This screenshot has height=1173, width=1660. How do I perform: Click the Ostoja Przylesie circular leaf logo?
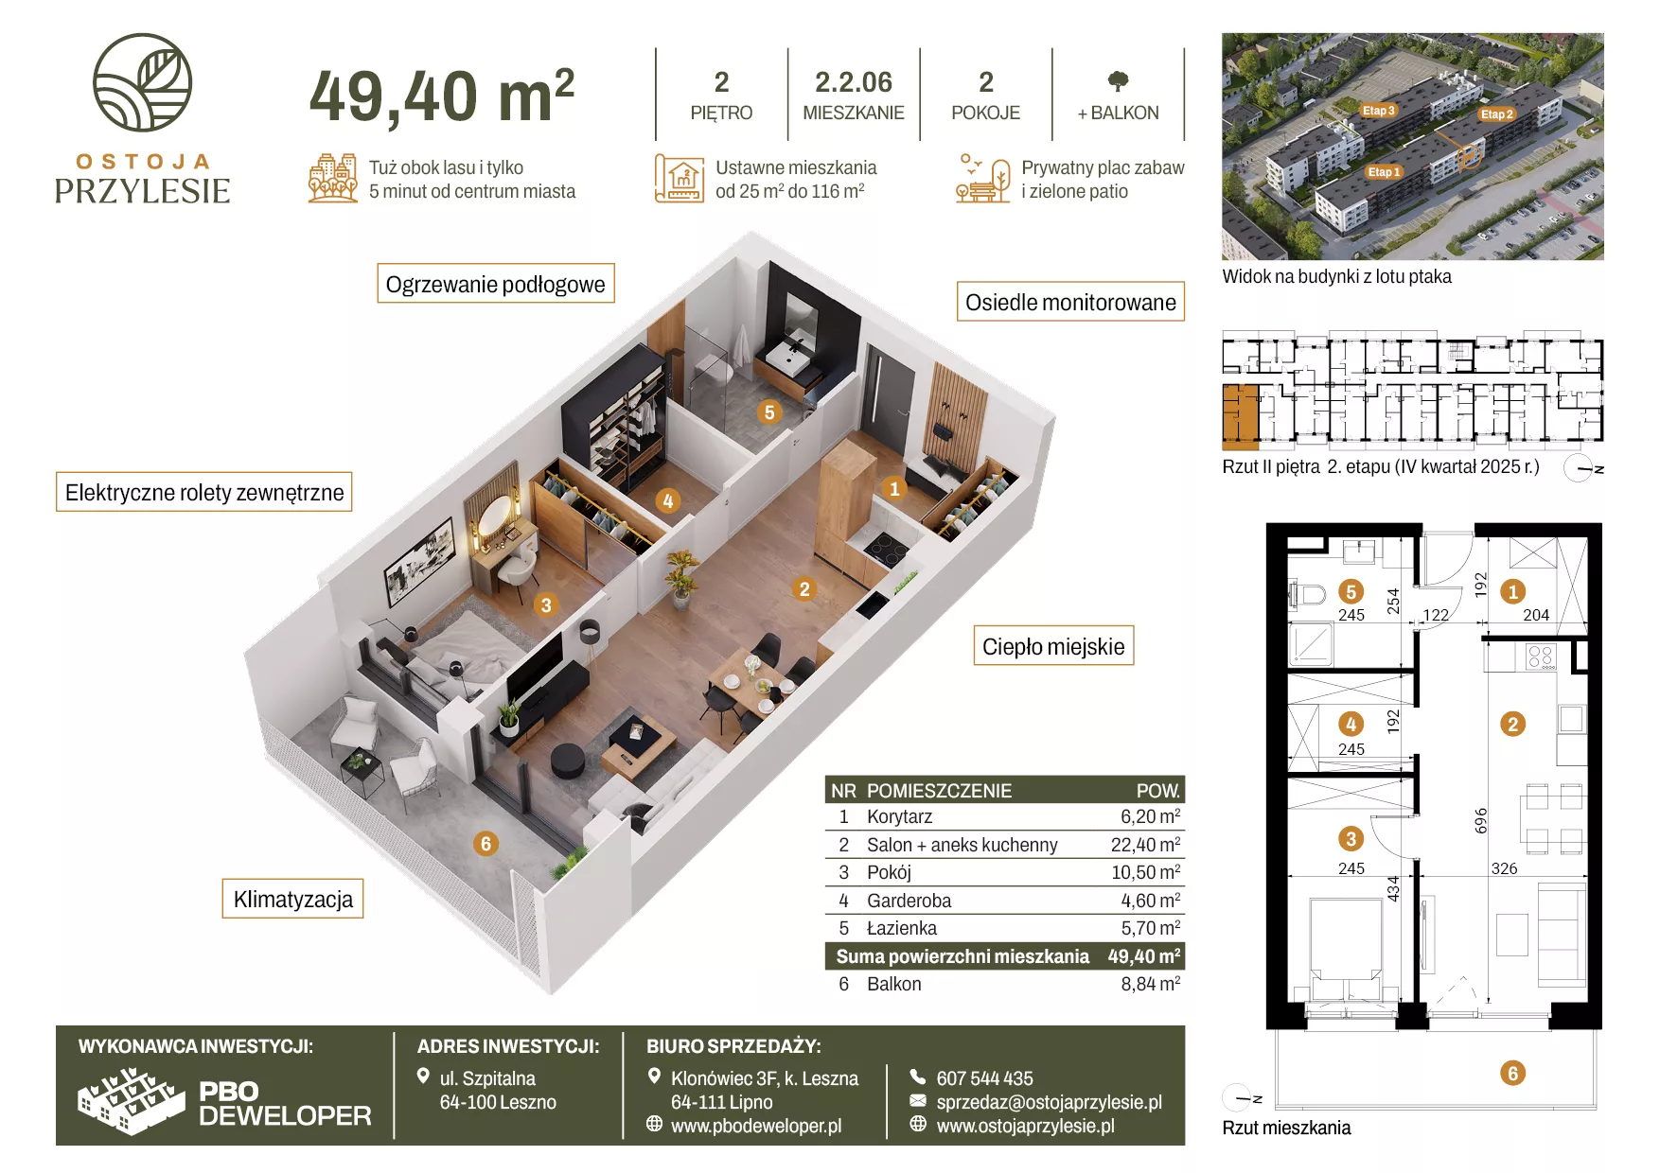(x=142, y=82)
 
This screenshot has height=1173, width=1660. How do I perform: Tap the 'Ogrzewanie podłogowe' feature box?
(x=496, y=284)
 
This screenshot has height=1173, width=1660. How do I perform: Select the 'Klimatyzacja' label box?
(x=293, y=899)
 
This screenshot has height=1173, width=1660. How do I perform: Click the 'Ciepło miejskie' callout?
(x=1053, y=646)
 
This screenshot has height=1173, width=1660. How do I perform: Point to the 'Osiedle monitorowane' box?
(x=1070, y=302)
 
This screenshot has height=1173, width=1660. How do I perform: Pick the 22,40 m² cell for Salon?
(x=1145, y=844)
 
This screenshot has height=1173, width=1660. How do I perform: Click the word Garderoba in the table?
(x=909, y=901)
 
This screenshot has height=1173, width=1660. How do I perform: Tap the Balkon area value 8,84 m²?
(x=1151, y=984)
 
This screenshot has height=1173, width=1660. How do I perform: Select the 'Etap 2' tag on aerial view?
(x=1496, y=114)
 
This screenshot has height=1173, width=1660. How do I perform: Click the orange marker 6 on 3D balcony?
(x=486, y=843)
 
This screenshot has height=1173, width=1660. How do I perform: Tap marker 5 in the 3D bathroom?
(x=769, y=411)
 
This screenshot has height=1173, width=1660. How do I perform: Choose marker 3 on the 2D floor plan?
(x=1351, y=838)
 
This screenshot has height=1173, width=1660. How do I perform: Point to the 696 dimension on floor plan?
(x=1481, y=820)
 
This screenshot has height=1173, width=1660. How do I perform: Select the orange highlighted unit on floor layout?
(x=1241, y=415)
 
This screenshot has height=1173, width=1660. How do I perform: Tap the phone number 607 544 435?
(x=984, y=1078)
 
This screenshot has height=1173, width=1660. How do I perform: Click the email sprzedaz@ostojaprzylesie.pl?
(x=1049, y=1102)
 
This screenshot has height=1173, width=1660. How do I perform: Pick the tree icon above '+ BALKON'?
(x=1118, y=81)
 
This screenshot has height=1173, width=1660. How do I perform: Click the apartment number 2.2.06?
(x=854, y=82)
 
